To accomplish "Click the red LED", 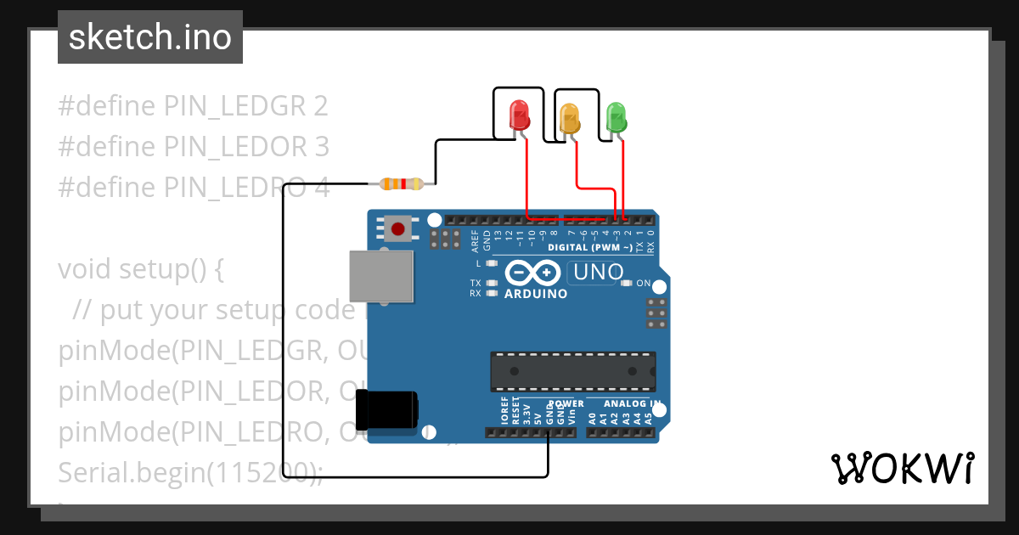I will point(518,115).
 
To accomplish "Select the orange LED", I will point(568,117).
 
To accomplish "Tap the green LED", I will point(616,117).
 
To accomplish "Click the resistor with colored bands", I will point(401,183).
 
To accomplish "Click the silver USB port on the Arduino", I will point(381,276).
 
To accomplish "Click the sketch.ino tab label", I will point(150,37).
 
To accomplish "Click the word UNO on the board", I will point(599,273).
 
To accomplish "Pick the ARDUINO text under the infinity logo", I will point(536,295).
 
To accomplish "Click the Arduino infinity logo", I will point(532,273).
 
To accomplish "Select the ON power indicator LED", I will point(628,284).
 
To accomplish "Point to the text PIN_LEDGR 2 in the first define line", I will point(246,106).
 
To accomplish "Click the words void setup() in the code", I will point(140,269).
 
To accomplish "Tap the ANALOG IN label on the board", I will point(632,403).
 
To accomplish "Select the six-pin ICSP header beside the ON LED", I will point(656,313).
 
